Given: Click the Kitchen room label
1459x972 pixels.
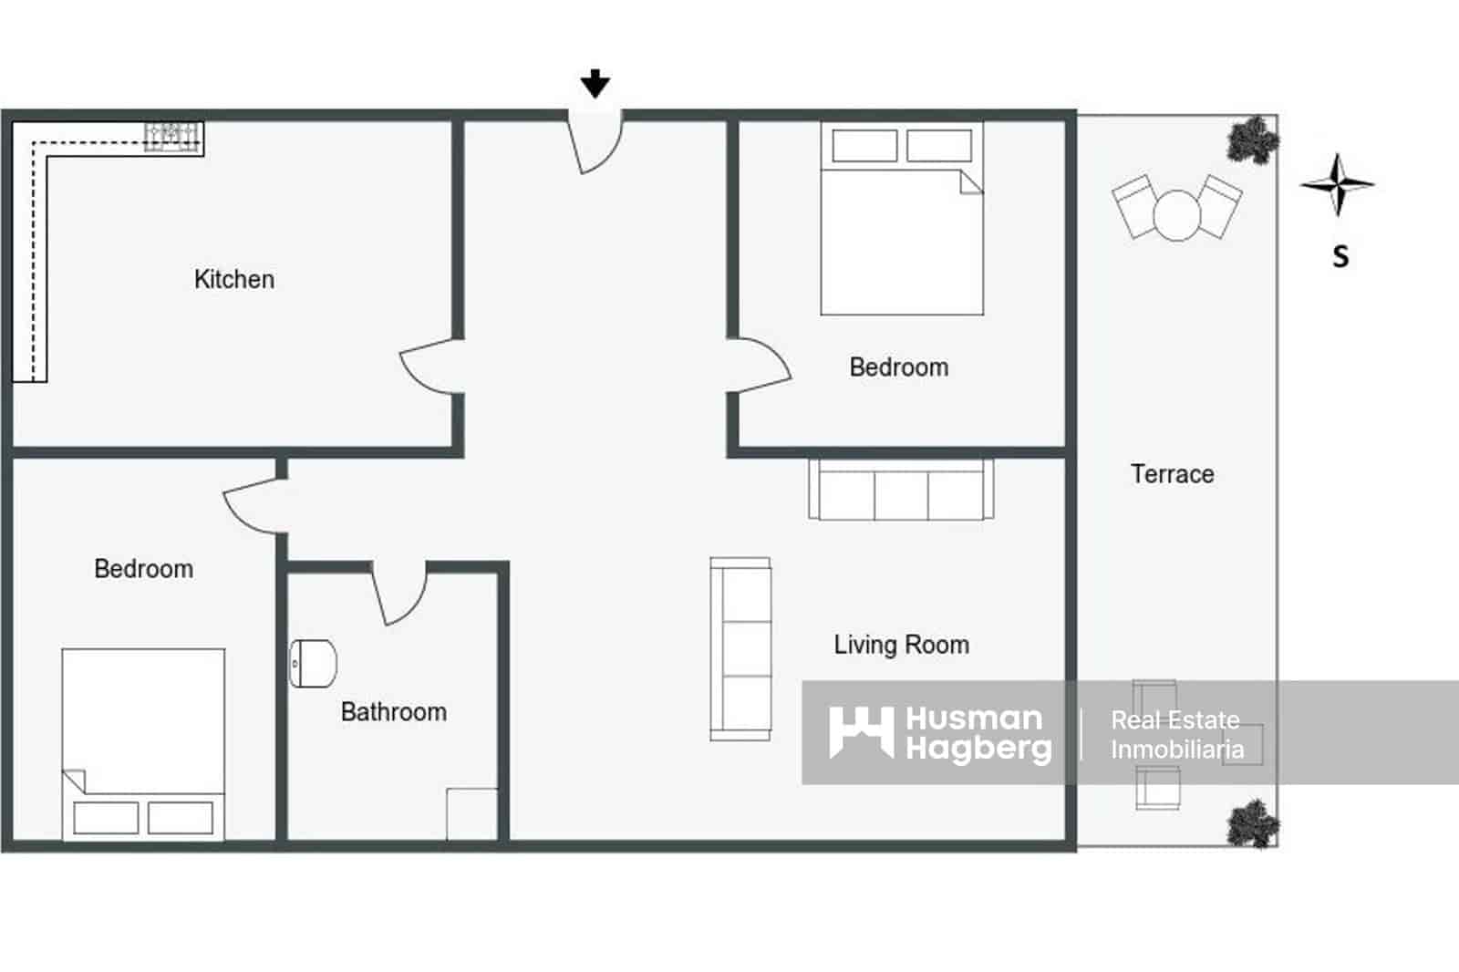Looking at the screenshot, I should [233, 279].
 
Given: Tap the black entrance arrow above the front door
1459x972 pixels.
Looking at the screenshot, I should [595, 84].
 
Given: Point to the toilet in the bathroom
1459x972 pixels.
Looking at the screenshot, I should [313, 663].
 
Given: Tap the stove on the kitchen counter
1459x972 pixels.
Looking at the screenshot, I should [173, 136].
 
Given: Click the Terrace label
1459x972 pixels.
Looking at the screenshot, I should [1172, 474].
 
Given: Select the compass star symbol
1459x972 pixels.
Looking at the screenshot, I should [1337, 184].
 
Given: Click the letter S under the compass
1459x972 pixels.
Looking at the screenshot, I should [1340, 257].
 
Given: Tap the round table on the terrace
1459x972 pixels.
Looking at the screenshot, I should [1177, 215].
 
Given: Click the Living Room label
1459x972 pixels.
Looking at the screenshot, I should [901, 645].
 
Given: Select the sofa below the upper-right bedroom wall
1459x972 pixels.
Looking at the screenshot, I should [901, 490].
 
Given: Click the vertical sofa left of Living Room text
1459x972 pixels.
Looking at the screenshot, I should [740, 648].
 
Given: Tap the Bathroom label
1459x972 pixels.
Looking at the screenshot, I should [393, 712].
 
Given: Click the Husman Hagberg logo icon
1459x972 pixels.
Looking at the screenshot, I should [860, 732].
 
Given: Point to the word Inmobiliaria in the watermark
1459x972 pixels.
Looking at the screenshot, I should [1176, 750].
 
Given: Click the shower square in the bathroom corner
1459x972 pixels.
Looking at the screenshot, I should [471, 813].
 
